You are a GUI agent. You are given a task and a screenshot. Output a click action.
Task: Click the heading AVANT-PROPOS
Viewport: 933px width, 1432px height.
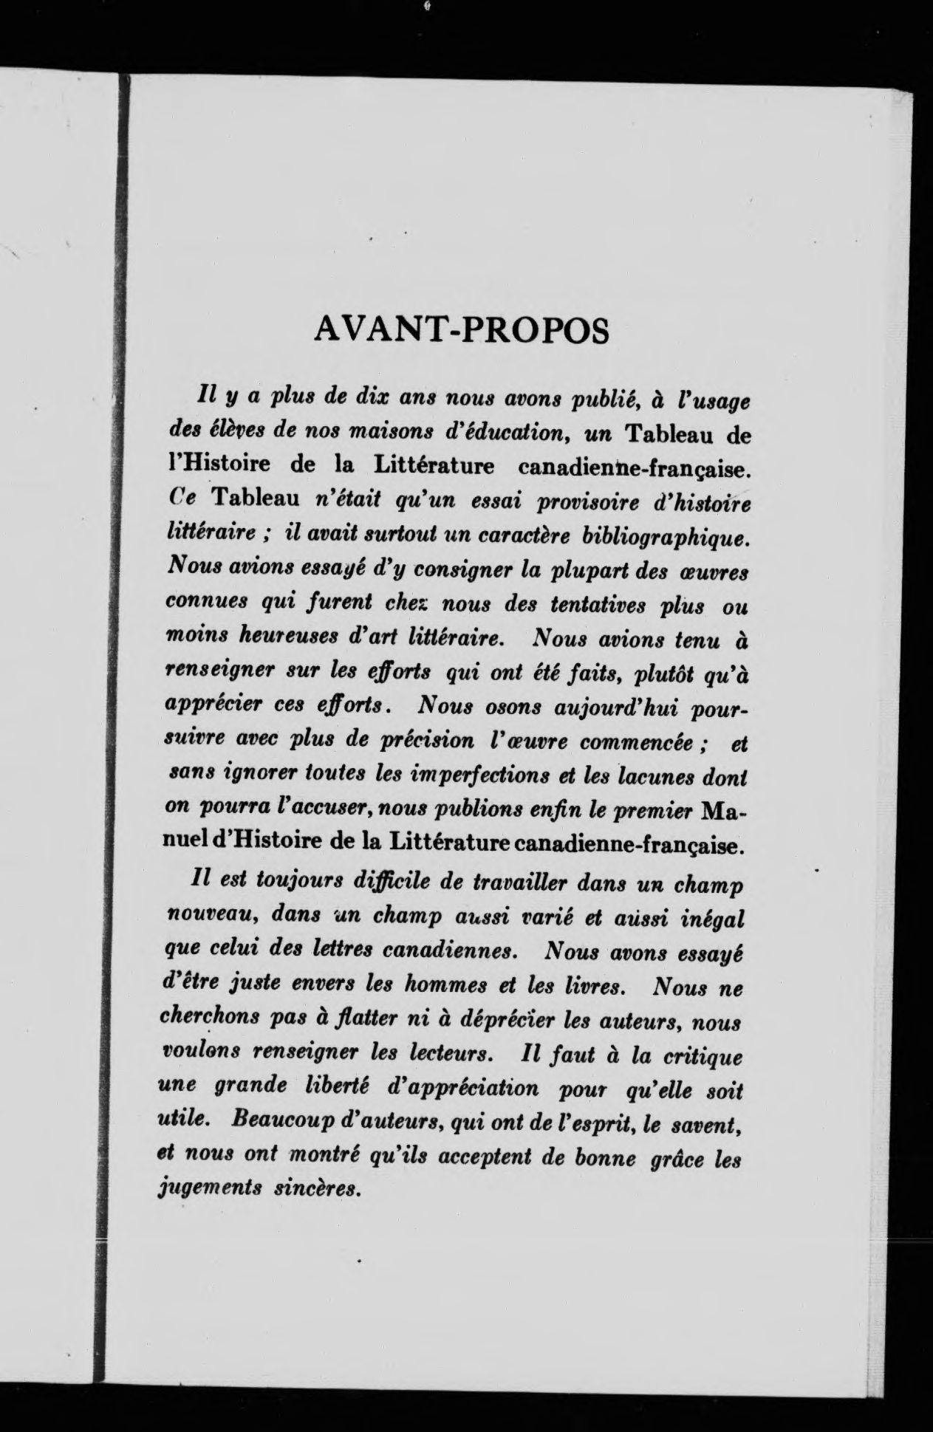[x=462, y=330]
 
